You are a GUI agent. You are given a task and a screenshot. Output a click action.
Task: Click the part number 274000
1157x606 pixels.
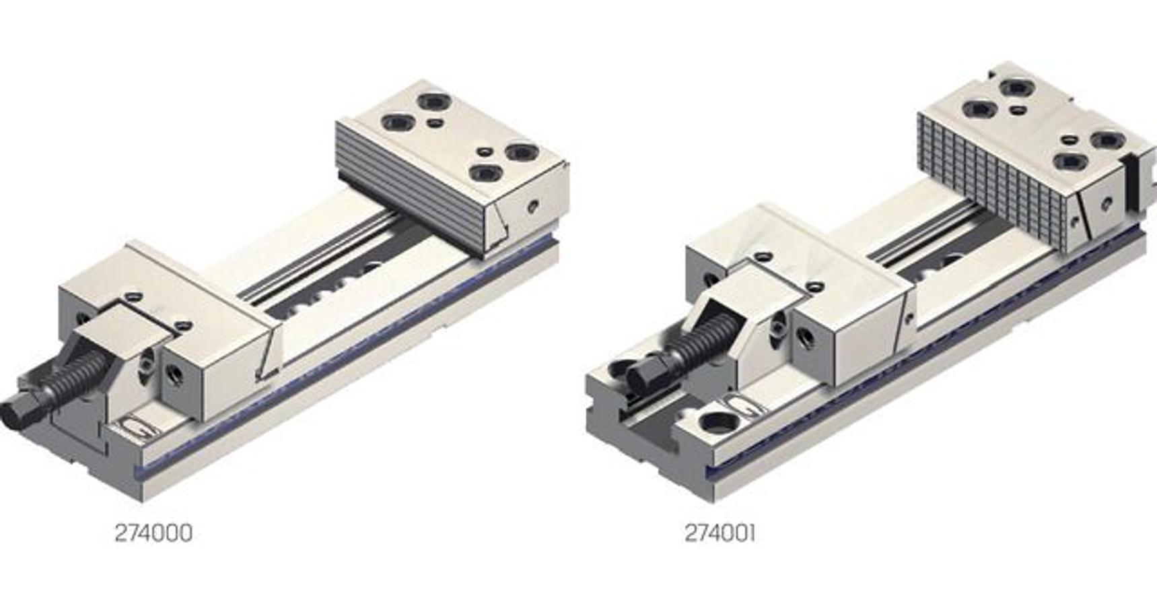click(x=153, y=533)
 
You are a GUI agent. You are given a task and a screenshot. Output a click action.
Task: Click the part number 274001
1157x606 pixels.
click(x=720, y=533)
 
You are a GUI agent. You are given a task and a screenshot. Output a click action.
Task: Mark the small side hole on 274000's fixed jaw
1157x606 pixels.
click(x=532, y=205)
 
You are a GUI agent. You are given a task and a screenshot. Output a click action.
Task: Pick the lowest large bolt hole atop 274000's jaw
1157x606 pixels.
click(x=485, y=174)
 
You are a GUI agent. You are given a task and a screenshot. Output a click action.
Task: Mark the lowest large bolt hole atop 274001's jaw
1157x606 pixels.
click(x=1070, y=162)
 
